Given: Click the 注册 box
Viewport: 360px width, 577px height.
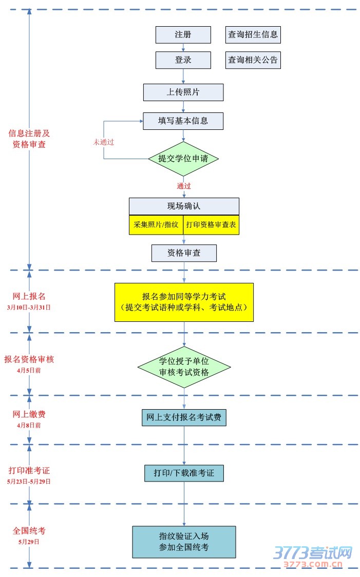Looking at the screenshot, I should [x=183, y=35].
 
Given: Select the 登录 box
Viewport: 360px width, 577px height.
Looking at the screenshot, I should [x=183, y=60].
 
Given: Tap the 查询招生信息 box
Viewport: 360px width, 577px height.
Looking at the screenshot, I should [x=253, y=35].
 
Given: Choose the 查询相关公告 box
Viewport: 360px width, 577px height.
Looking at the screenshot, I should [x=253, y=60].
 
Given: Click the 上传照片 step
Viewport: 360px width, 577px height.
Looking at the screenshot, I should [x=183, y=92].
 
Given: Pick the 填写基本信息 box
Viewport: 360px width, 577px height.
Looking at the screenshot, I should [x=183, y=121].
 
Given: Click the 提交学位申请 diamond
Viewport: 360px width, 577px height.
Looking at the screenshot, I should [x=183, y=159].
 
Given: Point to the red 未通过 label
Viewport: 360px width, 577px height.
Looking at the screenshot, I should [x=103, y=142].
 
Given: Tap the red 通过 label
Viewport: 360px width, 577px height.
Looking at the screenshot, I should [x=184, y=186].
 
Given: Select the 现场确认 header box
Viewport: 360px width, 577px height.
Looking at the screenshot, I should [x=184, y=206].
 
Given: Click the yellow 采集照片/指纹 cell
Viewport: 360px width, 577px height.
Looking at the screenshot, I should [x=156, y=225].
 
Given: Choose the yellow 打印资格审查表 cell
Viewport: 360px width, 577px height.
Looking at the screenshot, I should [x=211, y=225].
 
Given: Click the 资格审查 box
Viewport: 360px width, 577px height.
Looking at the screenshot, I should [x=184, y=253].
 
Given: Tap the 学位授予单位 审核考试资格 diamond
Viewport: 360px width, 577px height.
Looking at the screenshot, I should [x=184, y=367].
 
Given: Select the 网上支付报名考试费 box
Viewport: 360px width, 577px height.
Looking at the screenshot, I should [x=184, y=417].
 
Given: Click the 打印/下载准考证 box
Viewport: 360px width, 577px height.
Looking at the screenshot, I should [x=184, y=473].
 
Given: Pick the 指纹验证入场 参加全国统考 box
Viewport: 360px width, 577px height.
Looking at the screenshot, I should [x=184, y=542].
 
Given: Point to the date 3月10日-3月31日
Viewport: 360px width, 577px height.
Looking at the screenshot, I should [x=29, y=307].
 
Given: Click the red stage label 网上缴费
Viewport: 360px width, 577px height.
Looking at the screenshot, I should [x=29, y=414].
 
